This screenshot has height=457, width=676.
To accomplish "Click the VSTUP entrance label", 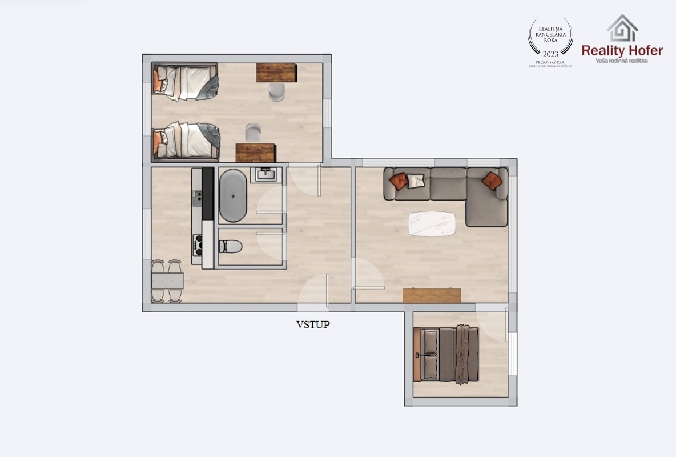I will point(313,325).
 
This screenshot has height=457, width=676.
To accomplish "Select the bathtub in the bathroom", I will point(232,195).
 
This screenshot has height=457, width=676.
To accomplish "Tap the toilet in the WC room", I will point(231,246).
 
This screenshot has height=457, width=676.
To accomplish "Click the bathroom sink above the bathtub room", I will point(266,174).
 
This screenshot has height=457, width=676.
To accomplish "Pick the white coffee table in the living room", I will point(432,223).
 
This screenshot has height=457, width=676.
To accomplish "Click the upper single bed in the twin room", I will point(185,82).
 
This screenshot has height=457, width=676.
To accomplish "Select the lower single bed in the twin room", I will point(186,140).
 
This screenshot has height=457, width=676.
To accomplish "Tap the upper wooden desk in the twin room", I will point(276,72).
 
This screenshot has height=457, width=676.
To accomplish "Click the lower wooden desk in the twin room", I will point(256,153).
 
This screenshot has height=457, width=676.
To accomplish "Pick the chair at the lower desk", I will point(253,133).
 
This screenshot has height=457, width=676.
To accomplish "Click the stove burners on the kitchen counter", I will point(198,244).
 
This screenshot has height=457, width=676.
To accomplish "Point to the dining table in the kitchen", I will point(167,281).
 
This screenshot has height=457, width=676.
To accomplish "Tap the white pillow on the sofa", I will point(416,181).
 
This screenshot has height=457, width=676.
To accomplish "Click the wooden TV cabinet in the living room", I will point(431,295).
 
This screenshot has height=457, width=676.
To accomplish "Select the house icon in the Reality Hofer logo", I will point(622,29).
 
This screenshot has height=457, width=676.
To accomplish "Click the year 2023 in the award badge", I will point(550,54).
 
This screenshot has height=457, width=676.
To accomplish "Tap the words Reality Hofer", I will point(622,50).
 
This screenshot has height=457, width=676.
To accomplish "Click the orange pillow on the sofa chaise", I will point(492,181).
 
